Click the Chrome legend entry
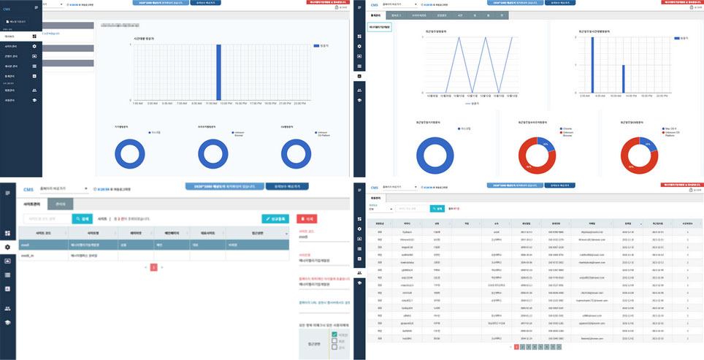[565, 127]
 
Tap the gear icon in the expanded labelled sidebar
[34, 46]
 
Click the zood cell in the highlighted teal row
[26, 246]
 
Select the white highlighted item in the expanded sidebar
[20, 36]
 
